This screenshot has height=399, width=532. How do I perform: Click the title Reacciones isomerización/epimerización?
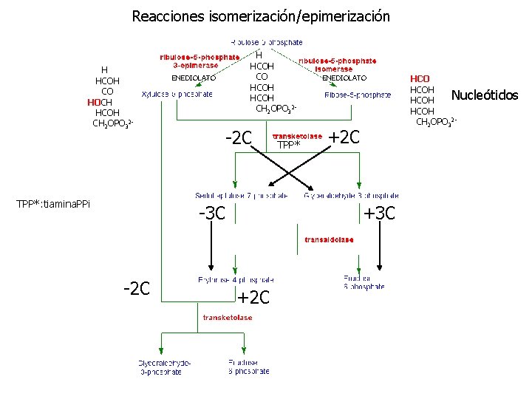[x=261, y=16]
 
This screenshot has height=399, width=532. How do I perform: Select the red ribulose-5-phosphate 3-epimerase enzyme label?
[x=199, y=61]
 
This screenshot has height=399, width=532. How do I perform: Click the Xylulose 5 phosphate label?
[x=177, y=94]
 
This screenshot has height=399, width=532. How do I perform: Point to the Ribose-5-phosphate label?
[x=358, y=95]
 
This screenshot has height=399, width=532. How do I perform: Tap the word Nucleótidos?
[x=485, y=95]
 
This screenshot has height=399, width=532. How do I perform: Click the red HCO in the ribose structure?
[x=420, y=78]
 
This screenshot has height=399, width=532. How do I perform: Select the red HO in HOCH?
[x=94, y=102]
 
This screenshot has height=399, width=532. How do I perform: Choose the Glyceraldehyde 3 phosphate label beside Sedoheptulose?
[x=352, y=196]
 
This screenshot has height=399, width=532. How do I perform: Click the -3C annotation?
[x=212, y=214]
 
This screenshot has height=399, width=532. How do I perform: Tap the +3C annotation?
[x=380, y=214]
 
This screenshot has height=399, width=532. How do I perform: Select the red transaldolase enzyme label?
[x=329, y=239]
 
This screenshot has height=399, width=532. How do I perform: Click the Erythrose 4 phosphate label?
[x=236, y=280]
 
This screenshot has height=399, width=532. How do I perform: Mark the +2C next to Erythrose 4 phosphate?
[x=253, y=298]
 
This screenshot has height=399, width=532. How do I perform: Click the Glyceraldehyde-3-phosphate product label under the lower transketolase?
[x=164, y=367]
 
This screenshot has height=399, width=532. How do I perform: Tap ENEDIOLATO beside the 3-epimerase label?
[x=194, y=78]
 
